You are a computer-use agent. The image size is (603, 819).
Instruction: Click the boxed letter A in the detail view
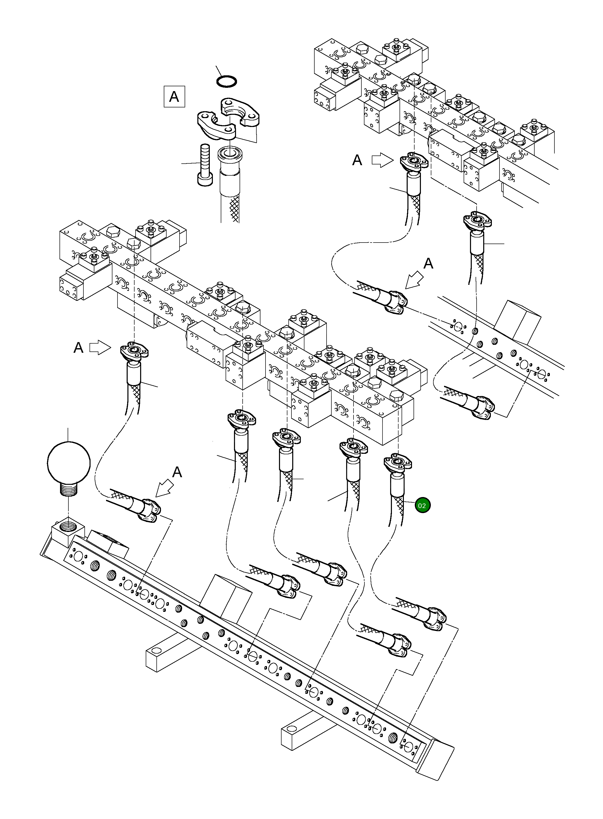pos(174,97)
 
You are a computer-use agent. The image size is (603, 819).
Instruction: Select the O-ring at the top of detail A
pos(226,81)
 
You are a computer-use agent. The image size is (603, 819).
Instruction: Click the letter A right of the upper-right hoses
pos(428,263)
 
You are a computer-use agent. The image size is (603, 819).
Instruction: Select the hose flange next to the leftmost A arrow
pos(134,352)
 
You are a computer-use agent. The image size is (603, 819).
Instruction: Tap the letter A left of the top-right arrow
pos(357,160)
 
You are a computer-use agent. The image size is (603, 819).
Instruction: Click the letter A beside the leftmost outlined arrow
pos(79,348)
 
